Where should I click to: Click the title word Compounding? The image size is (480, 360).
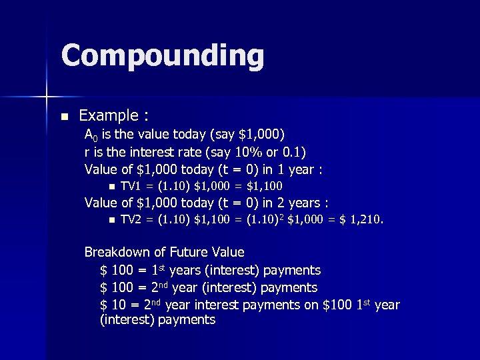click(x=162, y=56)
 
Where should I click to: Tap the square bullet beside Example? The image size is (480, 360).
click(x=64, y=117)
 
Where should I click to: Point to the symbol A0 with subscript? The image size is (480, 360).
click(x=91, y=135)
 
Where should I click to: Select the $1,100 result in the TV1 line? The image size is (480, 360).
click(x=265, y=186)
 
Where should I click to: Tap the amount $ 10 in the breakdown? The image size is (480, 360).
click(x=113, y=305)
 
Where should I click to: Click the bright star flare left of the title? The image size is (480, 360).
click(x=47, y=97)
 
